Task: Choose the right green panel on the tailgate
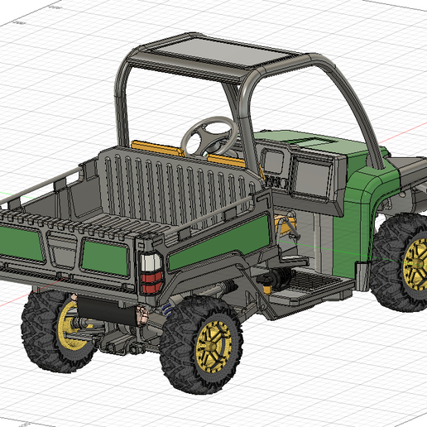(103, 258)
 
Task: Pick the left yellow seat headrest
(156, 150)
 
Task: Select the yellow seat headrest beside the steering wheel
(224, 158)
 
